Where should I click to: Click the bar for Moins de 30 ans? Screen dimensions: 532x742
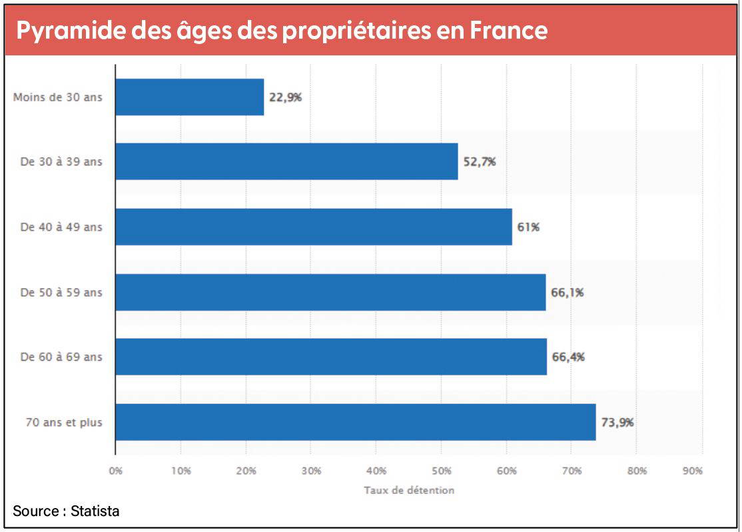[x=190, y=97]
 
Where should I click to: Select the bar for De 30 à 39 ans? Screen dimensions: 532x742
[x=286, y=161]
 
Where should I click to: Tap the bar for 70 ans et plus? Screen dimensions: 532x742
[x=355, y=422]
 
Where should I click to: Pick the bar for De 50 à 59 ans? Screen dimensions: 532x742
[x=330, y=292]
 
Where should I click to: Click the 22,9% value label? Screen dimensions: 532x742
[x=285, y=97]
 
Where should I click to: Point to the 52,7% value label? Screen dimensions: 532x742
[x=480, y=161]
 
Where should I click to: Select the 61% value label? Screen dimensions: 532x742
[x=528, y=227]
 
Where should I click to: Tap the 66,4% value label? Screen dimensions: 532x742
[x=568, y=357]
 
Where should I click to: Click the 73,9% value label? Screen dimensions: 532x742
[x=617, y=422]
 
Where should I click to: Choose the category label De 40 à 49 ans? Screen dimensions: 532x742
[x=61, y=227]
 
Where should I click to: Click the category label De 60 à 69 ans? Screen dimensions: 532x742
[x=61, y=357]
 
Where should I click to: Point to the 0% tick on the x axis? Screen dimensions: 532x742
[x=116, y=471]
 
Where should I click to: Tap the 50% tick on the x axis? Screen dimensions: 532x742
[x=442, y=471]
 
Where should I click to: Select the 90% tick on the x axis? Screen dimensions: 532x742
[x=693, y=471]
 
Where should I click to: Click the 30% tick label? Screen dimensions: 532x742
[x=311, y=471]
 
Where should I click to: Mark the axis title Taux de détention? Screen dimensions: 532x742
[x=409, y=490]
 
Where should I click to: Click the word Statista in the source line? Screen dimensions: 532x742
[x=95, y=512]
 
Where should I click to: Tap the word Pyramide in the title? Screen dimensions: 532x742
[x=62, y=31]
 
